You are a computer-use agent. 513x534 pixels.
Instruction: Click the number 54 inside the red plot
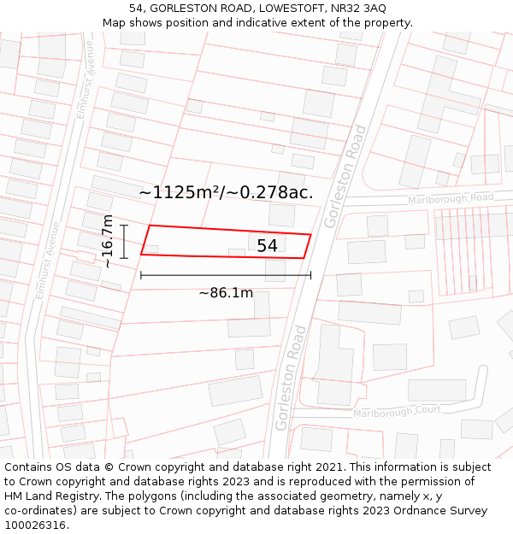tap(267, 246)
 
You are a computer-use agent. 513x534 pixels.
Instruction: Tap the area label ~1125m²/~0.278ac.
tap(226, 192)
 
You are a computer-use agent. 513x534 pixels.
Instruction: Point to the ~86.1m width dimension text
tap(226, 293)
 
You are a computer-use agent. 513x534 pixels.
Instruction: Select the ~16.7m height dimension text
tap(108, 241)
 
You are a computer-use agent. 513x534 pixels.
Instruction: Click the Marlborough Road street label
tap(451, 199)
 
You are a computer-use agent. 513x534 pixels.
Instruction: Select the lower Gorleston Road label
tap(287, 378)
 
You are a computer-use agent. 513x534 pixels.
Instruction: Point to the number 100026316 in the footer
tap(36, 525)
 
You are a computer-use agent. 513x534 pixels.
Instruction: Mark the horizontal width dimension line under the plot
tap(226, 275)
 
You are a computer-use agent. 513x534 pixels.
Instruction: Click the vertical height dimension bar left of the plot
tap(125, 241)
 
